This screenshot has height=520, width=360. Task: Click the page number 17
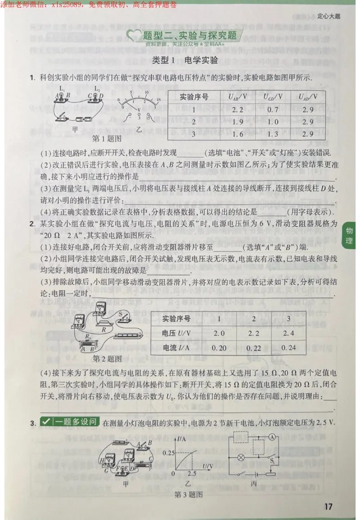(x=328, y=507)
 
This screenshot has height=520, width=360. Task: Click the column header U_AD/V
(x=308, y=97)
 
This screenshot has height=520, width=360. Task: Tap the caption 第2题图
(x=107, y=359)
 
